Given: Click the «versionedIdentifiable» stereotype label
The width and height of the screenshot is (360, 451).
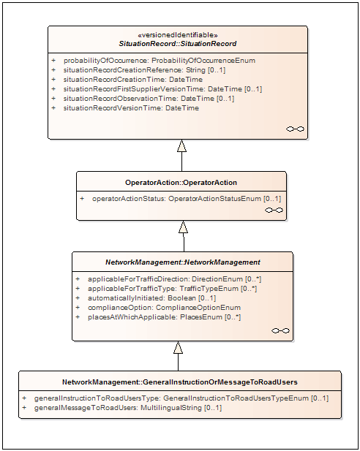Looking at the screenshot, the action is pos(178,35).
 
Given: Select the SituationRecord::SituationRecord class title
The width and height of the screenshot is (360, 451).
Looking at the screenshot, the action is pos(178,44).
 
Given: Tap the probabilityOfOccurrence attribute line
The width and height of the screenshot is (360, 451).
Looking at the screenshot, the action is pos(160,61).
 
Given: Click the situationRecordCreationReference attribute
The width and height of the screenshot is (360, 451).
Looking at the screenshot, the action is pos(144,70).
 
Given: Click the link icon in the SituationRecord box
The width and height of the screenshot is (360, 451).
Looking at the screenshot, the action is pos(295,129).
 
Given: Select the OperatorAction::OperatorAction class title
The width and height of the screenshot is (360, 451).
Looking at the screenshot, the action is pos(181,183).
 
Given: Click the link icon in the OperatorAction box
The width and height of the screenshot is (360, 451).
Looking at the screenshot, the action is pos(274,211).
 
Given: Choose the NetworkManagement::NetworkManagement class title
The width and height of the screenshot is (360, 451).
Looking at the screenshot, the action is pos(183,262).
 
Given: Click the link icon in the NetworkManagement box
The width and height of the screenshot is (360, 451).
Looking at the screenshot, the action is pos(280,331).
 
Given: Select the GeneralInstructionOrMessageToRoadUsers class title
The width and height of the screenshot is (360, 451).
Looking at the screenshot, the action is pos(180,382).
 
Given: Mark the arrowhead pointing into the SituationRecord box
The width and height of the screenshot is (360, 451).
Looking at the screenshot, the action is pos(181,145).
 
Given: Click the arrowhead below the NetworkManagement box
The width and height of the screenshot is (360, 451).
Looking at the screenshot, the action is pos(179,347).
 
